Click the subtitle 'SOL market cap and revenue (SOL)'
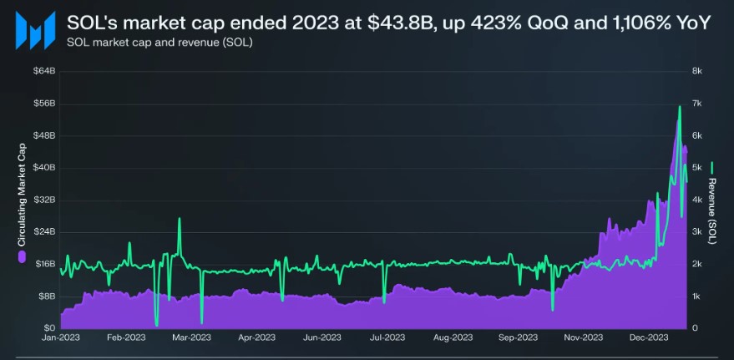click(159, 42)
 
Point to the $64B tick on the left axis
click(43, 72)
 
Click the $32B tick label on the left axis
click(43, 200)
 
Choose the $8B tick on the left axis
click(45, 296)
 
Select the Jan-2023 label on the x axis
click(61, 338)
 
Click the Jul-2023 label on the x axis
click(387, 338)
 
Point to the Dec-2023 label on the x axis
click(649, 338)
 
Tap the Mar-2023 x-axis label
click(191, 338)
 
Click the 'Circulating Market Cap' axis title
click(23, 193)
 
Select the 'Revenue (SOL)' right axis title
click(712, 210)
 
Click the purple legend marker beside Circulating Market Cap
click(23, 256)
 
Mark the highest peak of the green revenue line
click(680, 106)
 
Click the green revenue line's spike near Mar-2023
click(179, 219)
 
